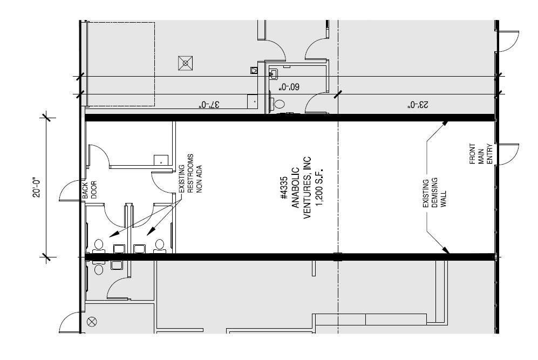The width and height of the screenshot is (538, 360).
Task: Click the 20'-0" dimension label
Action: [37, 187]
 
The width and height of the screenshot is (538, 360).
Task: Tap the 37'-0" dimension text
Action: [209, 104]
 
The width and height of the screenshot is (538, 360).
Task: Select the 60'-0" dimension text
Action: [289, 87]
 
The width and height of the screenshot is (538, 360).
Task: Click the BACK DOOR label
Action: [89, 190]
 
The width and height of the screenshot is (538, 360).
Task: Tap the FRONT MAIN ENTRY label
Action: [481, 154]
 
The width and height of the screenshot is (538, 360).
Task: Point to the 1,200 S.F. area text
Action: [319, 187]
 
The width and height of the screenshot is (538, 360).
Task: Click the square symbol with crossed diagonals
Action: [185, 63]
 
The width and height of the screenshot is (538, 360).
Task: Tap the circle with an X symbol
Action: [92, 322]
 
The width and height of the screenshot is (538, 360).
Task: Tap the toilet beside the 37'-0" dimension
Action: [278, 104]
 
